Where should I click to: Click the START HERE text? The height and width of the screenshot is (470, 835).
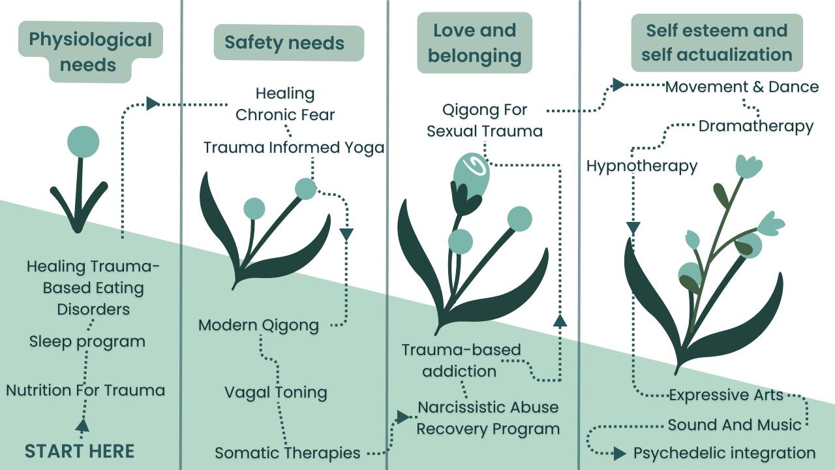point(80,451)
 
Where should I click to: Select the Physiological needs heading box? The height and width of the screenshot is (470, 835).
point(90,52)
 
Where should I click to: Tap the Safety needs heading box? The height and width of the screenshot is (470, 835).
point(284,43)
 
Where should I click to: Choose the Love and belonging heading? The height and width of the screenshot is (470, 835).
point(474,43)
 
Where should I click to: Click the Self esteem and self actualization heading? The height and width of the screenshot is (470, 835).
point(716,43)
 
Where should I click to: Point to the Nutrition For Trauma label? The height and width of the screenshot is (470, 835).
point(85,390)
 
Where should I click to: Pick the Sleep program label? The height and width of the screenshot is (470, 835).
point(87,341)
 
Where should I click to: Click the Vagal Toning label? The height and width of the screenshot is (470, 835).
point(276,392)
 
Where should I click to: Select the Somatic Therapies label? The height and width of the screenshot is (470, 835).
point(288,452)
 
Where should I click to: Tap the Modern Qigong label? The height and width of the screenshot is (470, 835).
point(259,325)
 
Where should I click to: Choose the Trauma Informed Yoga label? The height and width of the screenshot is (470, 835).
point(294,148)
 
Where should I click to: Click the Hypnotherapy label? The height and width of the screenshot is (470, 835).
point(642,166)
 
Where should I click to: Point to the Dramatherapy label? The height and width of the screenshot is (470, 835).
point(756,126)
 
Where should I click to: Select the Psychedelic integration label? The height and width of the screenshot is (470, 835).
point(724,453)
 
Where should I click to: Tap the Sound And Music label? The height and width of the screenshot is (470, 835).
point(735,426)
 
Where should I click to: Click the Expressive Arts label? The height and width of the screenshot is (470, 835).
point(725,395)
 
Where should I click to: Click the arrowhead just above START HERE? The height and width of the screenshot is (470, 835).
point(82,426)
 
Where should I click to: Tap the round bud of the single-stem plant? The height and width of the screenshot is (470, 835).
point(83,142)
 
